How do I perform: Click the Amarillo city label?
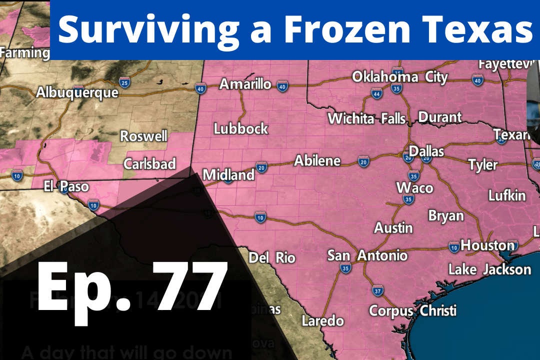pos(245,84)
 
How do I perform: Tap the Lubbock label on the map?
pos(241,128)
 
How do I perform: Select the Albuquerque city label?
pos(77,92)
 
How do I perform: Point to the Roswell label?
pos(144,136)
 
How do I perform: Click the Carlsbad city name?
pos(150,163)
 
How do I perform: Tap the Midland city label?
pos(228,175)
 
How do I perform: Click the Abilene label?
pos(317,161)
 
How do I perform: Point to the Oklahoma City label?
pos(400,77)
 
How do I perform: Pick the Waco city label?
pos(414,188)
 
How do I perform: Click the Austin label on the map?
pos(394,228)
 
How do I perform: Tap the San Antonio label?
pos(367,255)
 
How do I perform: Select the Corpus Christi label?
pos(412,310)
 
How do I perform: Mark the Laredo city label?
pos(323,320)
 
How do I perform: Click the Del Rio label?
pos(272,258)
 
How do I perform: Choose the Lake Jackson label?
pos(489,269)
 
